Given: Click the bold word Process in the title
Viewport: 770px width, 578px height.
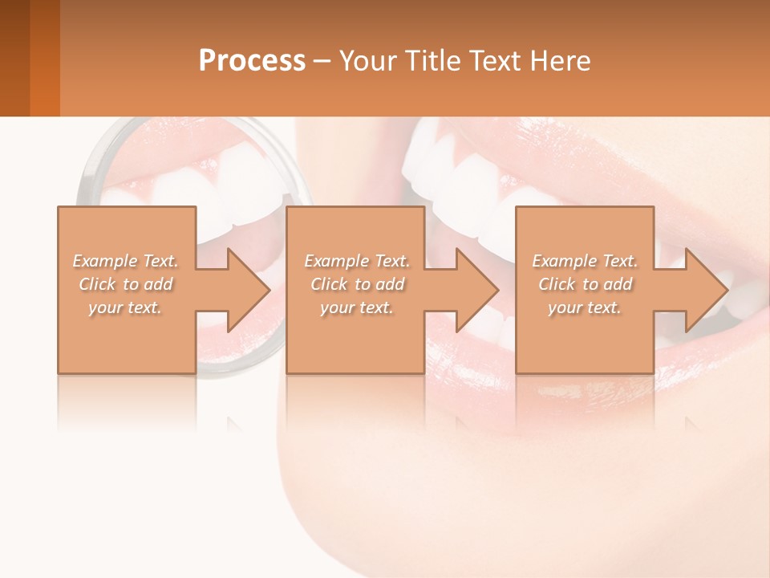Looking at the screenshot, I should (252, 61).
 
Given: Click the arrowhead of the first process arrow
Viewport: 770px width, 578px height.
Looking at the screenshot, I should (249, 290).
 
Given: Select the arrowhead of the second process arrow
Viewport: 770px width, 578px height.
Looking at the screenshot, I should (478, 290).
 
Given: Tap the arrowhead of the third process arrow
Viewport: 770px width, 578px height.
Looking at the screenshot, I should (707, 290).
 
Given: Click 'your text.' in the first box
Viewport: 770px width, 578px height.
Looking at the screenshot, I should (125, 307).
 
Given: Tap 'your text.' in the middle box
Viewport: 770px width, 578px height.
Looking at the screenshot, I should (357, 307).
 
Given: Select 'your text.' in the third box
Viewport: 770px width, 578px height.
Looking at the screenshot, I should (585, 307).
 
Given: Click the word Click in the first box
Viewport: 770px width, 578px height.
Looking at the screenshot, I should (97, 284).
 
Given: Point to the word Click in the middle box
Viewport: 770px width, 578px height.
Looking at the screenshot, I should (329, 284).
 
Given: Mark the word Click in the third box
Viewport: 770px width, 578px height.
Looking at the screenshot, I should (557, 284).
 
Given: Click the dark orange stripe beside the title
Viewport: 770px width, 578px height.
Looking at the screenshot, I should (45, 58).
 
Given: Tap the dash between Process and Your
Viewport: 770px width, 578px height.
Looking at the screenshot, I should (322, 61).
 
